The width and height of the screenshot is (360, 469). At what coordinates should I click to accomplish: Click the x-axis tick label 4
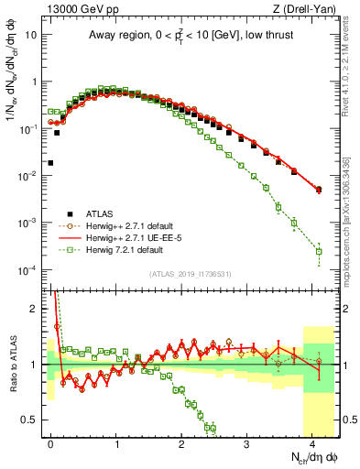coord(312,442)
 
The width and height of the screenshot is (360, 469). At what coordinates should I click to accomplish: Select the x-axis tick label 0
coord(50,442)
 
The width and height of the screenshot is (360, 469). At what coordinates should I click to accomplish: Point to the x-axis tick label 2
coord(181,442)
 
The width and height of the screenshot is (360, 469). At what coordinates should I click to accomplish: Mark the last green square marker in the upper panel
coord(319,251)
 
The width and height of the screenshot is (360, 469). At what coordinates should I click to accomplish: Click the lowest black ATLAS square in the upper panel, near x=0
coord(50,163)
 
